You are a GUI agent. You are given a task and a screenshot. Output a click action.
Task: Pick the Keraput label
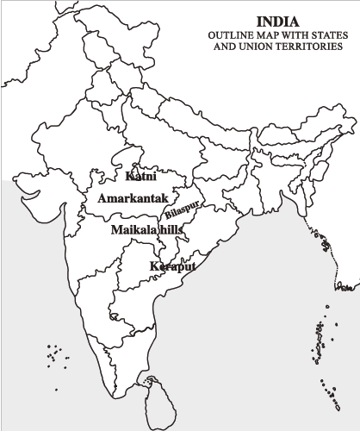172,267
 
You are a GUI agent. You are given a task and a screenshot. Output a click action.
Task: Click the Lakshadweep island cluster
57,354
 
